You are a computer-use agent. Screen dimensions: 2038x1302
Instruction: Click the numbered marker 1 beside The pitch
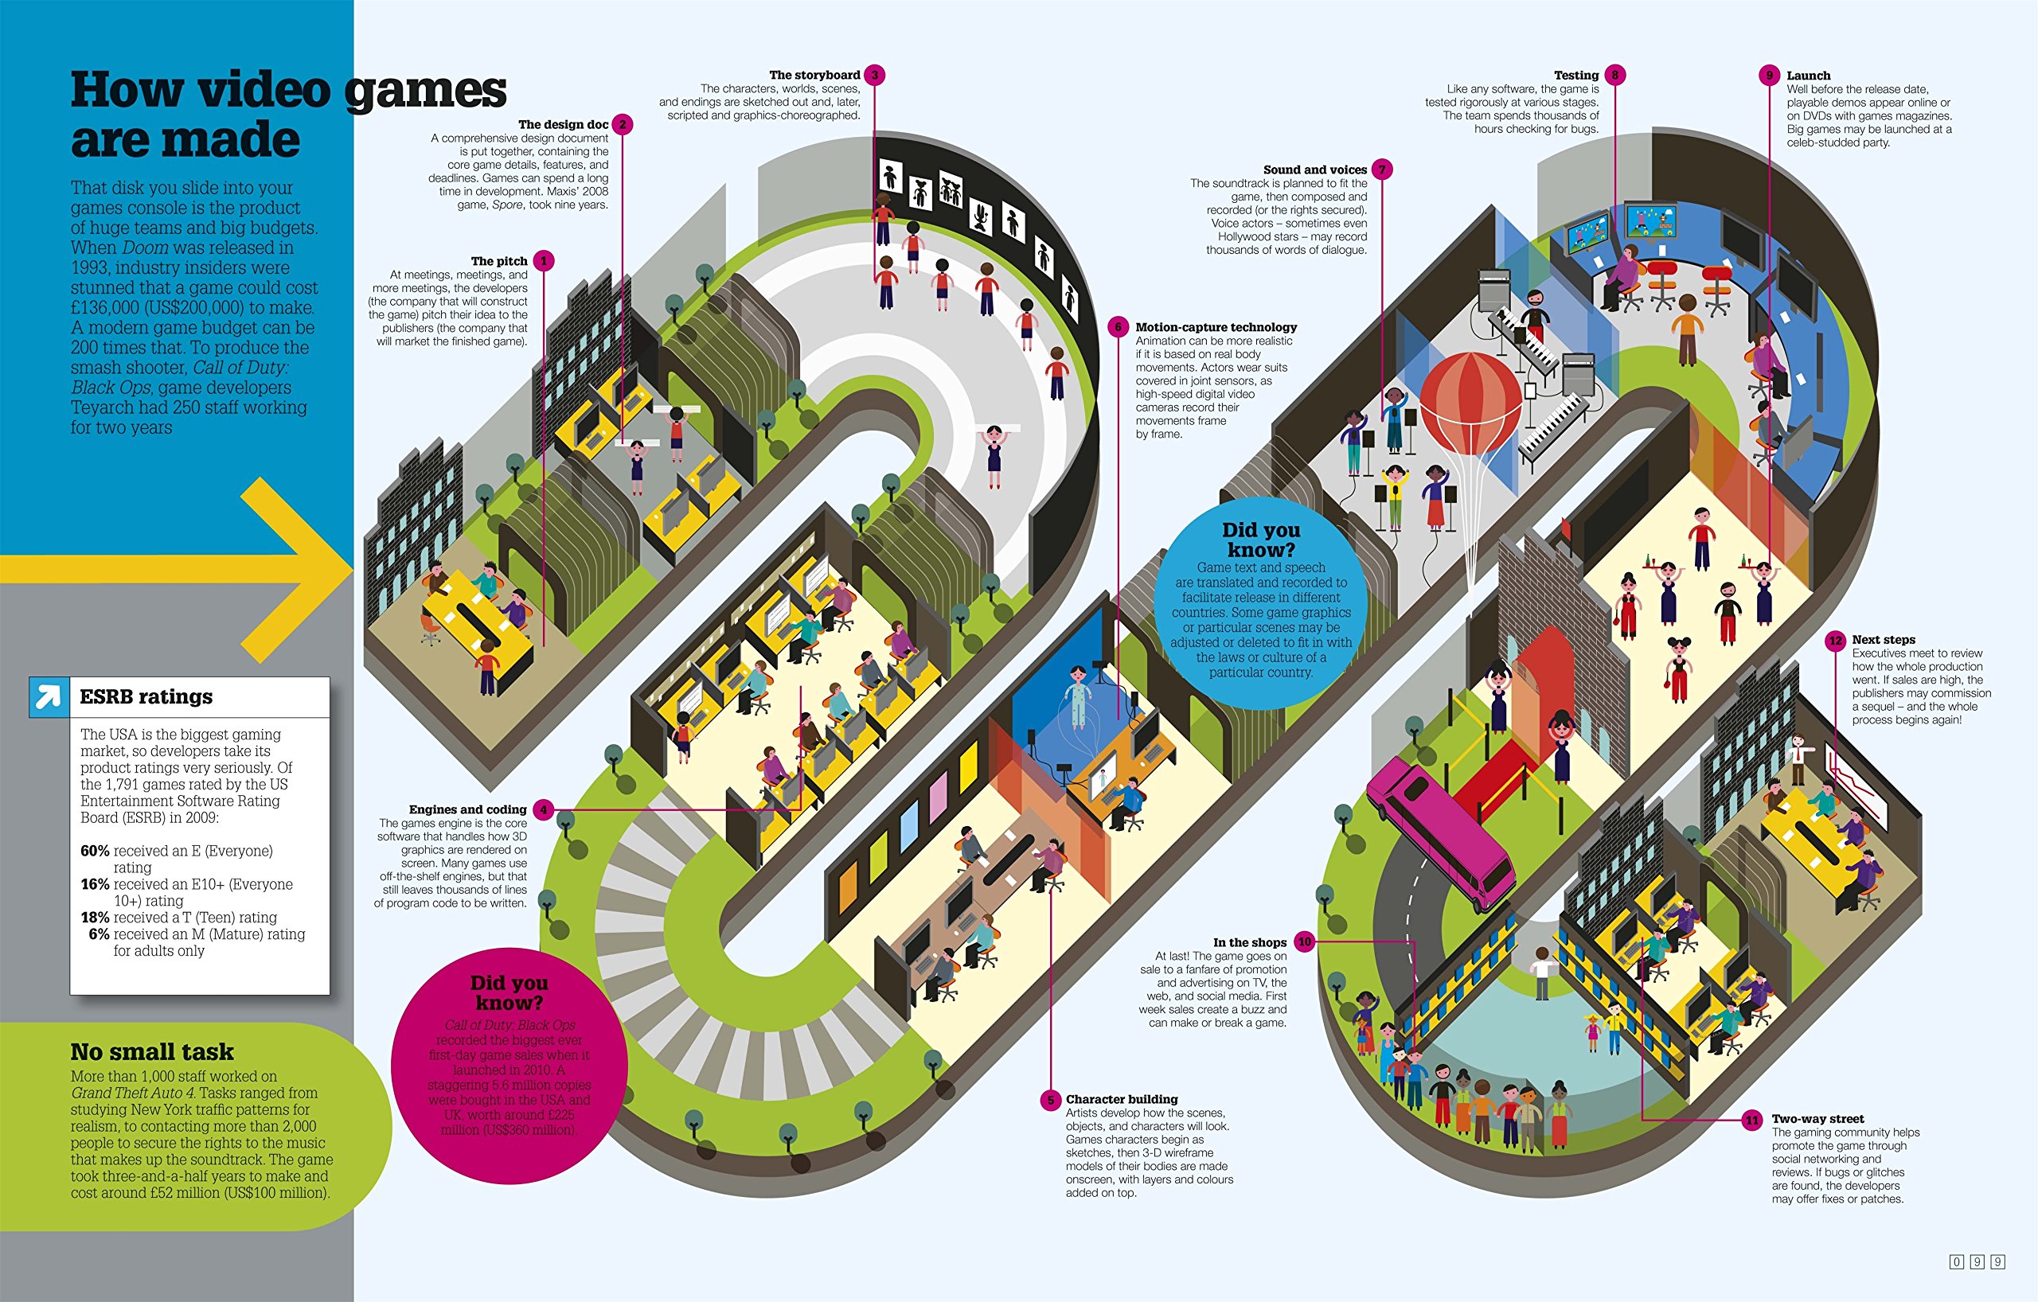545,261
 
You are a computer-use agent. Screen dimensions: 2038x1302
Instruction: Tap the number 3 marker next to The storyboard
875,76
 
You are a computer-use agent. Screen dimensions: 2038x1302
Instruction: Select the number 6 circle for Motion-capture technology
1118,327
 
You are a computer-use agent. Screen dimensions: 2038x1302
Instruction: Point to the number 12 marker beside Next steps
1835,641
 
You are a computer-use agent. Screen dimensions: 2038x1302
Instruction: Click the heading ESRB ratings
146,696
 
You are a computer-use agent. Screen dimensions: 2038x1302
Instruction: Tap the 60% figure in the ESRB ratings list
94,851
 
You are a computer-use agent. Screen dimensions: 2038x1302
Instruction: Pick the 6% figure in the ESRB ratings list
99,934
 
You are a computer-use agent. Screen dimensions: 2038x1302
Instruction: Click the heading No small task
151,1051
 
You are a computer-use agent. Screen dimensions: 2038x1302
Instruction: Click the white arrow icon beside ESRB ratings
49,697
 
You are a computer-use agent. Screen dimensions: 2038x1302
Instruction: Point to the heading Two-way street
1817,1118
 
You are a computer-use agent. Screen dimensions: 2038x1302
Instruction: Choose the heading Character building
1122,1099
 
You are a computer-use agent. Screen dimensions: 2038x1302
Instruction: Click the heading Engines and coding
467,809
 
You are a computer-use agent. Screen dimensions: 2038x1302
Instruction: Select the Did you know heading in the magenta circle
509,992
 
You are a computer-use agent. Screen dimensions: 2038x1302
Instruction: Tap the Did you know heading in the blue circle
1260,540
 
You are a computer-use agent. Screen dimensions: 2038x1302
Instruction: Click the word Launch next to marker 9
1808,76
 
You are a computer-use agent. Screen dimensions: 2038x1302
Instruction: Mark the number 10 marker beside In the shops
1304,941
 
